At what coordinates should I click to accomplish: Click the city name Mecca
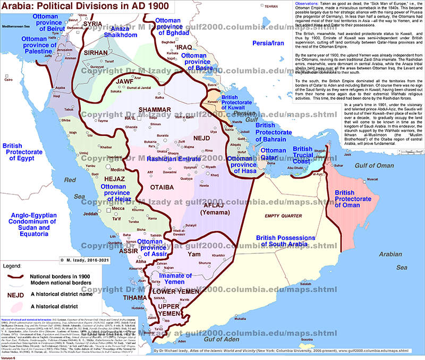(x=118, y=209)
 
